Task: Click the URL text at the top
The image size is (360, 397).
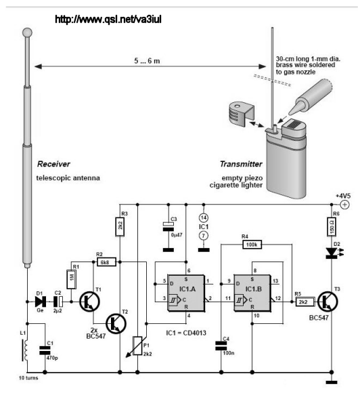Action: [x=108, y=19]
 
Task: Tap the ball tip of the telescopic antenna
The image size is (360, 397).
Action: [x=27, y=33]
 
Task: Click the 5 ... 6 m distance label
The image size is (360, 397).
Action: [x=147, y=61]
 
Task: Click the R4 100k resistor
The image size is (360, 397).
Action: [x=252, y=245]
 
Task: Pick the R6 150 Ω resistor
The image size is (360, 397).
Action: [x=332, y=227]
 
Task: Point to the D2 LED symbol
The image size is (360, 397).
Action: [x=332, y=253]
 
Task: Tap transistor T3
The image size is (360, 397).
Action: [x=328, y=301]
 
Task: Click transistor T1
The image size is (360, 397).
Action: [x=89, y=301]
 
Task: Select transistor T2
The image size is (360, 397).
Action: [x=116, y=323]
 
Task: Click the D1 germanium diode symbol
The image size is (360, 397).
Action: [x=40, y=301]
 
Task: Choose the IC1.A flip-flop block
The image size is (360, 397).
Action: [x=186, y=293]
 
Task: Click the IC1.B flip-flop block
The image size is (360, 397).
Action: [x=252, y=293]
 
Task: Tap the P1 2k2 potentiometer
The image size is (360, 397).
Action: [x=137, y=346]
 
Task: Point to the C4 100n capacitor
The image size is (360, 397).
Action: [x=221, y=346]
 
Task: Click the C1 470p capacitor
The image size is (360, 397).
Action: [x=45, y=351]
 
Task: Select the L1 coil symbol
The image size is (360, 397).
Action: [x=25, y=350]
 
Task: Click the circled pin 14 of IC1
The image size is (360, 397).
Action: [x=204, y=217]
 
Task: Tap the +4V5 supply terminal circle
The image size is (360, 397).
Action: [x=344, y=205]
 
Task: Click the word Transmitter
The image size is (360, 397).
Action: [x=241, y=164]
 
